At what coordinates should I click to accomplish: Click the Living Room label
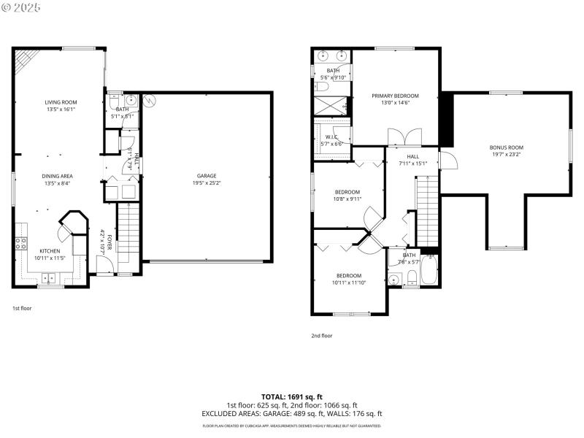(61, 102)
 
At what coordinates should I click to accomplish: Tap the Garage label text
(207, 176)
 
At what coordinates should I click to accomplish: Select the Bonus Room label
(506, 147)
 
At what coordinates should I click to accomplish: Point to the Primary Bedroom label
(395, 96)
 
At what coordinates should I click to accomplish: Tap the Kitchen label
(50, 251)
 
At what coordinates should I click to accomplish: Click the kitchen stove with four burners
(21, 245)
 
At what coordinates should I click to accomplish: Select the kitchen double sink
(49, 277)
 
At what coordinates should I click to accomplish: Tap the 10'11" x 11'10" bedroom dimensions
(349, 283)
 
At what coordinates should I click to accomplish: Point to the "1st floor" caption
(22, 308)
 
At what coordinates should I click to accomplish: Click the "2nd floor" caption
(322, 336)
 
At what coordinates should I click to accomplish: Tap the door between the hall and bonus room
(447, 160)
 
